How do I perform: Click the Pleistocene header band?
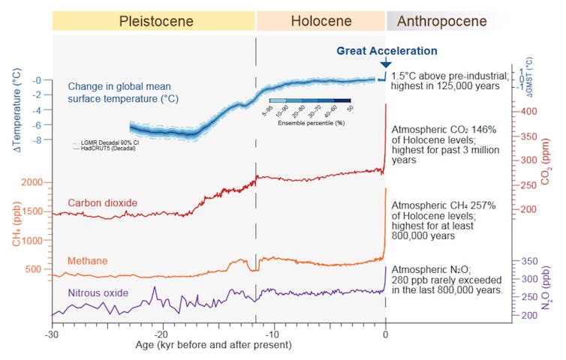(x=154, y=21)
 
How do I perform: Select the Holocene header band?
(x=321, y=21)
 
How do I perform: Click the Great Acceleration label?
(x=387, y=51)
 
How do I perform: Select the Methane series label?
(x=87, y=261)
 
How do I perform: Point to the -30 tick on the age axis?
(x=51, y=334)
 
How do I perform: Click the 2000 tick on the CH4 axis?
(x=33, y=182)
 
